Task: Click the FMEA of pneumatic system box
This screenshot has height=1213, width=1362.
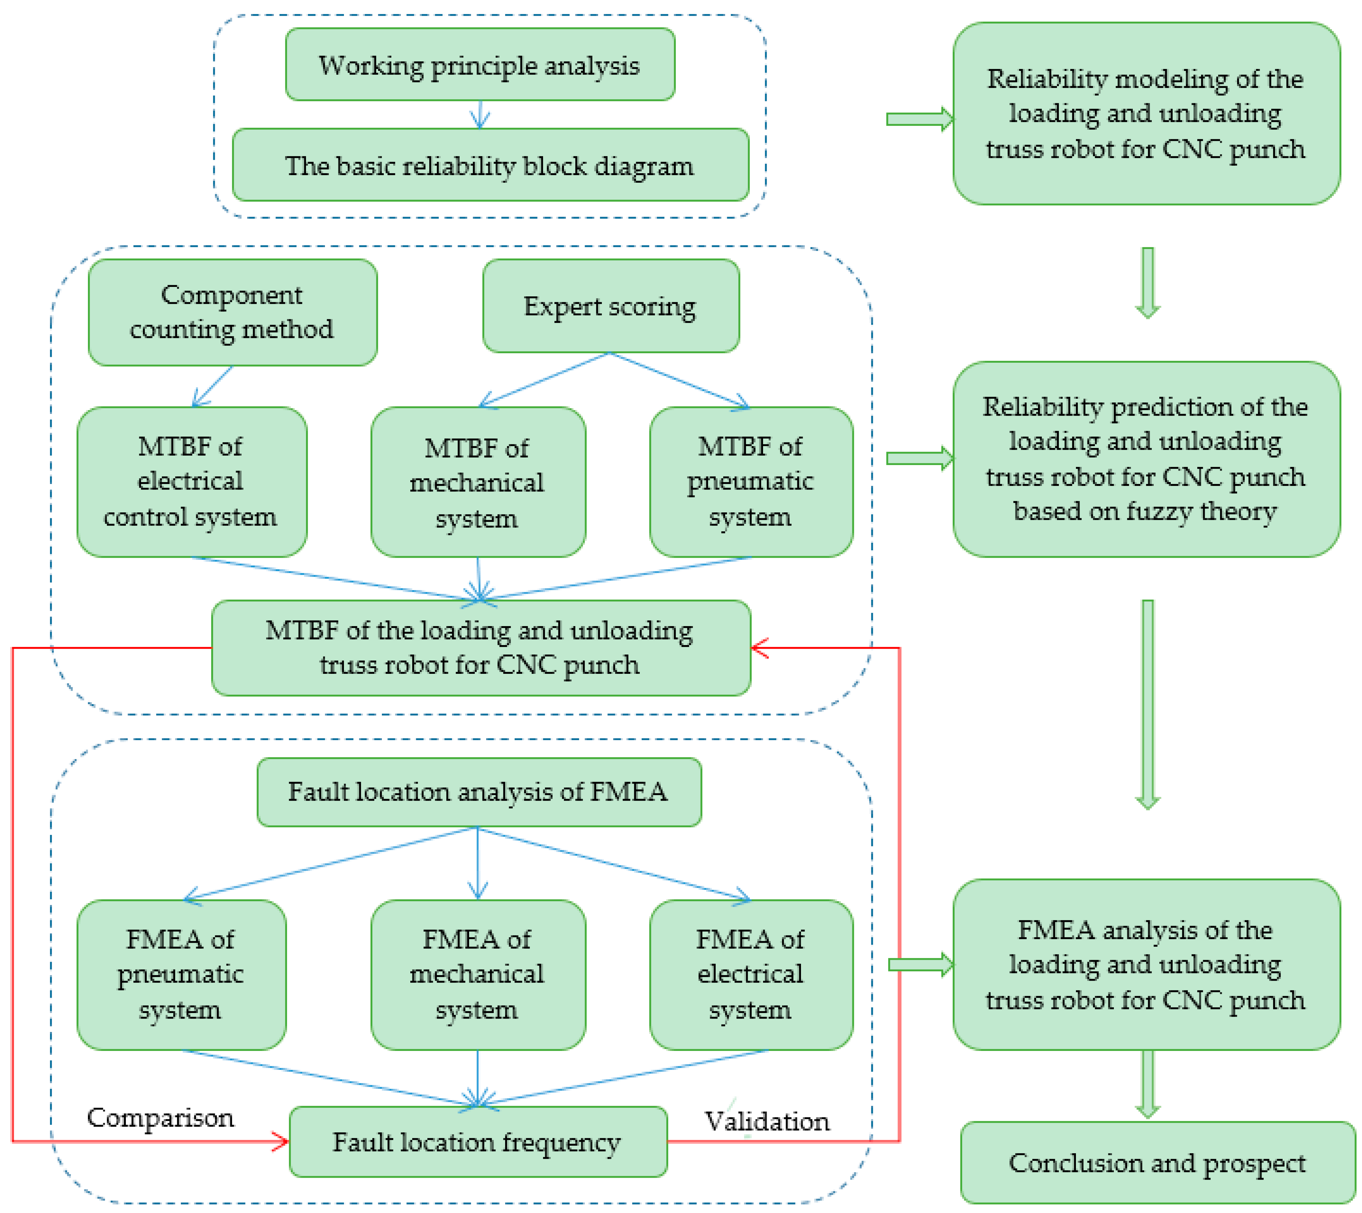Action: pos(181,974)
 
